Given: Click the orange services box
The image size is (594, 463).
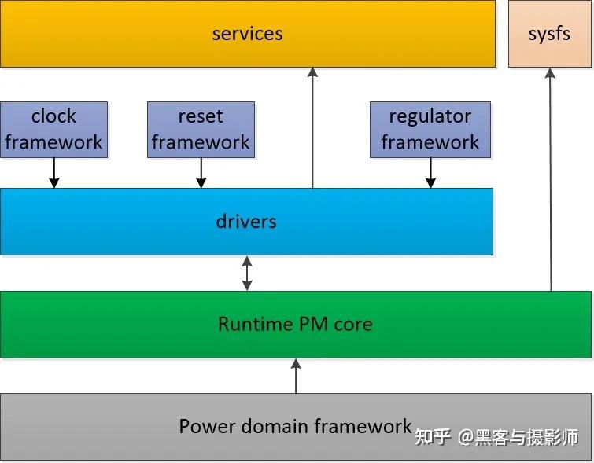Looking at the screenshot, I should coord(118,34).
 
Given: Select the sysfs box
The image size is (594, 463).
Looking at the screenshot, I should coord(549,34).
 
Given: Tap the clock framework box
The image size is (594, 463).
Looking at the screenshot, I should coord(53,130).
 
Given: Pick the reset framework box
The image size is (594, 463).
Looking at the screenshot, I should coord(201,130).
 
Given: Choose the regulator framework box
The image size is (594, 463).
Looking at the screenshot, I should coord(430,130).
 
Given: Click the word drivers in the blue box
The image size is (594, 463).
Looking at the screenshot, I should coord(246,222).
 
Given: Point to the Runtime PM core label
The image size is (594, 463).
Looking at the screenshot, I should coord(295,324).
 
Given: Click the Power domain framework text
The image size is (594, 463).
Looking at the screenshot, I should coord(295,427).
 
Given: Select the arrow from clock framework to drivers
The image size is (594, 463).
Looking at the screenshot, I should coord(53,173).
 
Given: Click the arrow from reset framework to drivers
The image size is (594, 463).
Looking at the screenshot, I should coord(201,173).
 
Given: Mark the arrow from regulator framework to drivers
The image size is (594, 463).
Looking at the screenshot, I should coord(430,173).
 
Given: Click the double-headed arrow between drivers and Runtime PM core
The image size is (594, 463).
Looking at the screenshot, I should coord(247,273).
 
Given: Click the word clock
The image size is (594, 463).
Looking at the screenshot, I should coord(53,116).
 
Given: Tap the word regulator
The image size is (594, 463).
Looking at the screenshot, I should coord(430,116).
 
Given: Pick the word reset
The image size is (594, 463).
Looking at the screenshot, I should coord(201,116).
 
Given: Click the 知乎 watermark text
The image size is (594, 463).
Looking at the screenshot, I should coord(432,437).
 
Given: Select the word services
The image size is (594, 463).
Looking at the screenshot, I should coord(247,34).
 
